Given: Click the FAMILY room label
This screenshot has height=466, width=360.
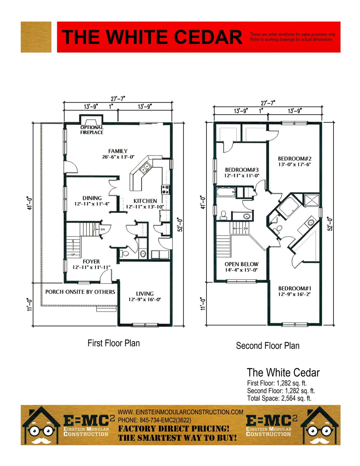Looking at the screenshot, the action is pos(118,151).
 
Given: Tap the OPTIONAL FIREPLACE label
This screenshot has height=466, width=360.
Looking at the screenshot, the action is pos(92,130).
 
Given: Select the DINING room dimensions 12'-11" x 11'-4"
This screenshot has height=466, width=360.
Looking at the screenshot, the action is pos(92,204).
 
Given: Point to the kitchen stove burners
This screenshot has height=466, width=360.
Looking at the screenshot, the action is pos(166,190).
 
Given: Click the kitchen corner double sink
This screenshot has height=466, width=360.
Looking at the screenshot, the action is pos(145,168).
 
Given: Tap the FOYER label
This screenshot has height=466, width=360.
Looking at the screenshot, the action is pos(91,261).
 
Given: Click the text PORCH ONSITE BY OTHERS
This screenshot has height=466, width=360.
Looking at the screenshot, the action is pos(80,292).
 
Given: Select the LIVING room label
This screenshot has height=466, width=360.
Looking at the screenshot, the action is pos(145,294).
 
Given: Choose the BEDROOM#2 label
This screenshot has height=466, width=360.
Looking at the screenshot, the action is pos(295,159).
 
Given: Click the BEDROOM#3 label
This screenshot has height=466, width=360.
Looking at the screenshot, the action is pos(242,170).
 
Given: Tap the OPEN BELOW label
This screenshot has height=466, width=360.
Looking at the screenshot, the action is pos(242,264).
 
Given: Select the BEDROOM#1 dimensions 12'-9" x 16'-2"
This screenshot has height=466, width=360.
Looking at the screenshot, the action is pos(295,294).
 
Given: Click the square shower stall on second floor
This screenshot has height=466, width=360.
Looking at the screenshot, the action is pos(312,200).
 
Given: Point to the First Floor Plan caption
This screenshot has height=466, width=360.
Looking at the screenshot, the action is pos(114,343).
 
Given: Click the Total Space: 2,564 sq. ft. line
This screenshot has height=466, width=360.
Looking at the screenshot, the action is pos(279,398).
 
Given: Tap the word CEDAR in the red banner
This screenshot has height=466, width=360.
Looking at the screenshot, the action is pos(208,37).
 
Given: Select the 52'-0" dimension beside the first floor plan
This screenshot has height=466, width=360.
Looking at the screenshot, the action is pos(181,225).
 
